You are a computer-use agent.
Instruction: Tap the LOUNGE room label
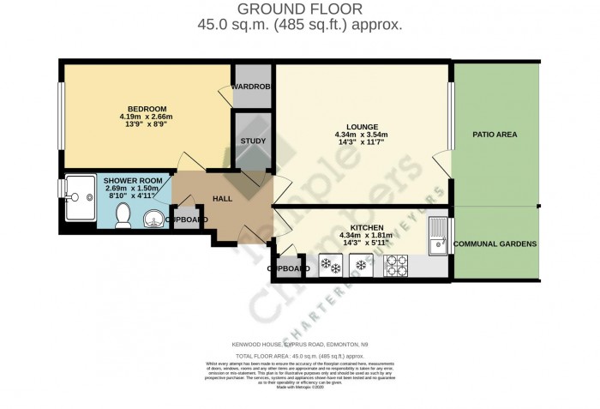[x=362, y=126]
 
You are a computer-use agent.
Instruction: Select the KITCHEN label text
[x=361, y=227]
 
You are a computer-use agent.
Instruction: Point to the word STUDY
[x=253, y=141]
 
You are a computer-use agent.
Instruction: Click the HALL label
[x=223, y=199]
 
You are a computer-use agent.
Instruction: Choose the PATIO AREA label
[x=495, y=135]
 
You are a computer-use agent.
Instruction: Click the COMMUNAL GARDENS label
[x=495, y=244]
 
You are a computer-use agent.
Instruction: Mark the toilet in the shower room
[x=122, y=215]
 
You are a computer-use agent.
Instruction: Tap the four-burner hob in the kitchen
[x=397, y=267]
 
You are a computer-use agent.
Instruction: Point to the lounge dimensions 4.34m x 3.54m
[x=362, y=135]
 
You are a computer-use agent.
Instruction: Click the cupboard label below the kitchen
[x=289, y=268]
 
